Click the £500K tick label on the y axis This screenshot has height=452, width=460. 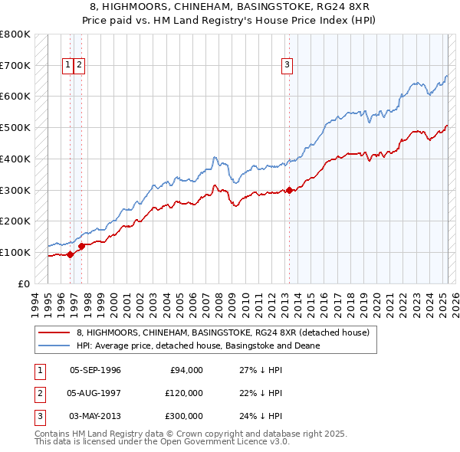tap(15, 127)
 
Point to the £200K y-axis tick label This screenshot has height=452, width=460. tap(15, 221)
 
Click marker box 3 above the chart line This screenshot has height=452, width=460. tap(287, 66)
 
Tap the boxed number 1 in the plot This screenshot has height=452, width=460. tap(68, 66)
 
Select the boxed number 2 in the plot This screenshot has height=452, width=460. tap(80, 66)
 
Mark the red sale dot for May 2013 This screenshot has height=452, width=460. tap(289, 190)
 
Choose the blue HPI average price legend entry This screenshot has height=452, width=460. tap(198, 346)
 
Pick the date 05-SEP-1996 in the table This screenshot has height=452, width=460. tap(95, 371)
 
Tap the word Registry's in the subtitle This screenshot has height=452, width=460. tap(284, 20)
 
